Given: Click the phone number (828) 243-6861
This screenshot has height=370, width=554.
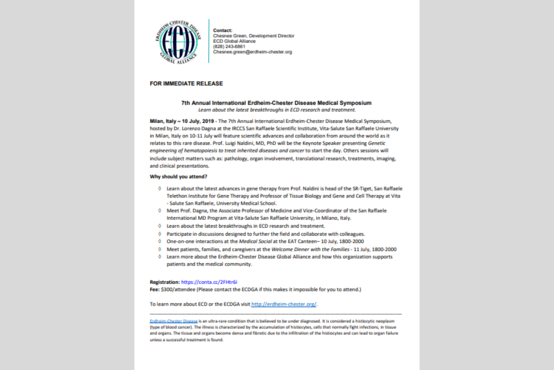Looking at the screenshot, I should (229, 47).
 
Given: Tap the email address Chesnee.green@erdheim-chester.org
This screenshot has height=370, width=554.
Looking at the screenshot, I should (252, 52).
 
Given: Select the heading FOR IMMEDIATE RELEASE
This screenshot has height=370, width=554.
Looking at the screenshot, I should (186, 84).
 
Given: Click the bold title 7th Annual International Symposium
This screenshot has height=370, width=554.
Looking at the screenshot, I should (276, 103).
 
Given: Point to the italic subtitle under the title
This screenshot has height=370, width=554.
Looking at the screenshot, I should (277, 110).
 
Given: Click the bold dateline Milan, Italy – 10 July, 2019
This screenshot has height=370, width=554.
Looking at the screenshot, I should (182, 121).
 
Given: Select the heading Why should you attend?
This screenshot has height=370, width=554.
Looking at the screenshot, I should (179, 177).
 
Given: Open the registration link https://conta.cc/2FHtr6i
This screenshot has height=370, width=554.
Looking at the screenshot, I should (209, 282).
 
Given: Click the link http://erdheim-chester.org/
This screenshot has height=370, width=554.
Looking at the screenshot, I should (283, 304).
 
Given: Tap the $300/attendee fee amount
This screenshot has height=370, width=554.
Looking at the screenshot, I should (178, 290).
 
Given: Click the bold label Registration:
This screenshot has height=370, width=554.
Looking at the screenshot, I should (165, 282).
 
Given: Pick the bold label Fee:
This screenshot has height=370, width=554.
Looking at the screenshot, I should (155, 290).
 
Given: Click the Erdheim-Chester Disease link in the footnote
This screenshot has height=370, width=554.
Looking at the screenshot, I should (174, 321).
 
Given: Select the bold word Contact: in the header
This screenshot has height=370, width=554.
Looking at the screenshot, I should (223, 31).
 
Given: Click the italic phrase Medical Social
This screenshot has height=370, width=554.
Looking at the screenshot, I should (255, 241).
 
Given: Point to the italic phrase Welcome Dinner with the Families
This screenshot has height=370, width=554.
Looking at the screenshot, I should (310, 249).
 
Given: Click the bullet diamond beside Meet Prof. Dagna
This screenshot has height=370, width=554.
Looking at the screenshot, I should (160, 211).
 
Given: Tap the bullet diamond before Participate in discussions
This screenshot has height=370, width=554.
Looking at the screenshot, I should (160, 234).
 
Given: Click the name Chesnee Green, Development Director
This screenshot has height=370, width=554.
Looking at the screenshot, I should (254, 36).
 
